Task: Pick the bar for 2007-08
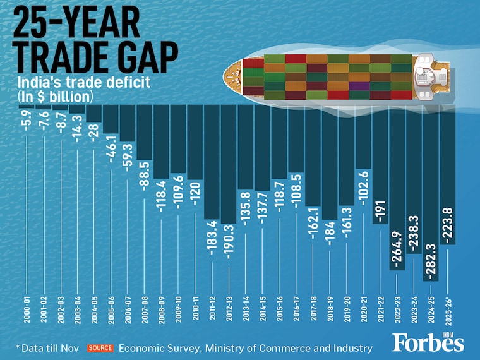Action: (143, 133)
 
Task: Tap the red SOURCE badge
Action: (100, 348)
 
